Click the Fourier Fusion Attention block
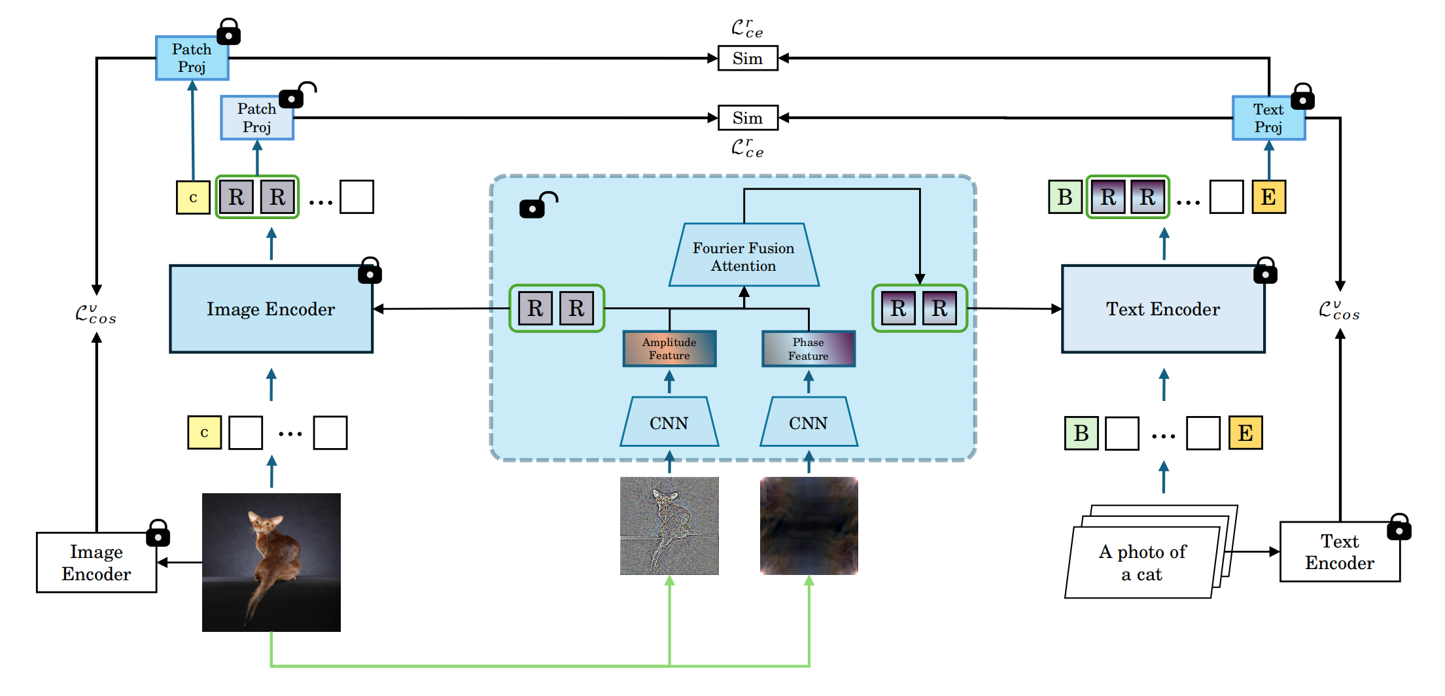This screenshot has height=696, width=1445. [x=743, y=256]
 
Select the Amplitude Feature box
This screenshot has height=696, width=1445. [x=669, y=349]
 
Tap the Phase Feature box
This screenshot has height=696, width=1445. [x=808, y=349]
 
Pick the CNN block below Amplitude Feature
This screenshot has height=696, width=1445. [x=669, y=423]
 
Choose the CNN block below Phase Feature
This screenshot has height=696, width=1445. [x=808, y=423]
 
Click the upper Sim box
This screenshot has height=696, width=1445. [x=747, y=58]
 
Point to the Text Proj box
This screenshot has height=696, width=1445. [x=1268, y=118]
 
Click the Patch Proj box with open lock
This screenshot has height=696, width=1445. [x=256, y=118]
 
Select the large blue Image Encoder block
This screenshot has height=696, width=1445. [x=271, y=309]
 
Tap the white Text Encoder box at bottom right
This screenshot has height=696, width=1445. [x=1339, y=553]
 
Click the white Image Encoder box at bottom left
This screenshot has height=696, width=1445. [x=96, y=563]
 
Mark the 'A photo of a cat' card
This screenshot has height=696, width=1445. [x=1142, y=563]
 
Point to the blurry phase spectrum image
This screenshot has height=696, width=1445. [x=809, y=526]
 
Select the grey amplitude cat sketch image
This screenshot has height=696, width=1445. [x=669, y=526]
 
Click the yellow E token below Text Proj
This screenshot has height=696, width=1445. [x=1268, y=197]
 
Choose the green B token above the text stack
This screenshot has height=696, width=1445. [x=1081, y=433]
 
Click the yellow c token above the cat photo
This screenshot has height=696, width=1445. [x=204, y=433]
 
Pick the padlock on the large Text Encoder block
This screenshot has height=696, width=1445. [x=1264, y=271]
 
